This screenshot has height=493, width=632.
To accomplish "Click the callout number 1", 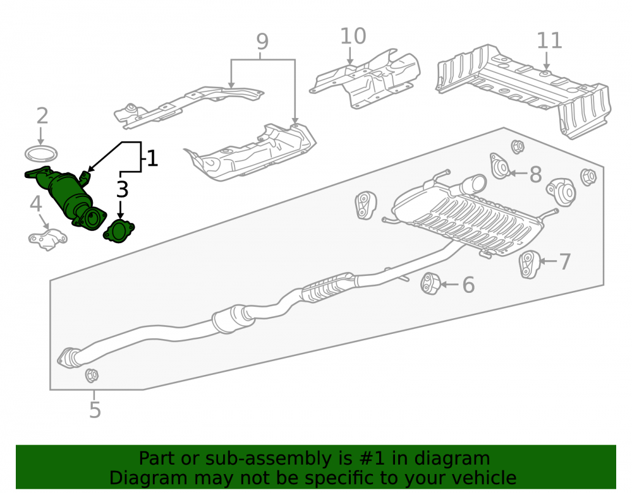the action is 152,158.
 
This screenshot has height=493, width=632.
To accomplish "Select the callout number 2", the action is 42,116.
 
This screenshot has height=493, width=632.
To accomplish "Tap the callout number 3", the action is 123,189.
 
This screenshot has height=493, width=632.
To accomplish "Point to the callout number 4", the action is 36,204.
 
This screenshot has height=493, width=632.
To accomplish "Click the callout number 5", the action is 95,410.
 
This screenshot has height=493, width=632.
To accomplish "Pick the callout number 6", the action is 468,285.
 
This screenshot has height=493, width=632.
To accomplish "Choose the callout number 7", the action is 565,261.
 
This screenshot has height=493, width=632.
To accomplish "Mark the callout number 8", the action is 535,174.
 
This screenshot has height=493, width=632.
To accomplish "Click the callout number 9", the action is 262,42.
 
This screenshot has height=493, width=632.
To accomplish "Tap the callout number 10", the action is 353,36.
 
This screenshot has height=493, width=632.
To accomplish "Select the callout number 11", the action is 549,40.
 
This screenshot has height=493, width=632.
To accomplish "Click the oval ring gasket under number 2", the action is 41,154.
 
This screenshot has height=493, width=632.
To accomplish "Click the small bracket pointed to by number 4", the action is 47,239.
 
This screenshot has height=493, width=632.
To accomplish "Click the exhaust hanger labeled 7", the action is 529,264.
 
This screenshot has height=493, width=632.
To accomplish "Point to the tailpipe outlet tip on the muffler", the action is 477,183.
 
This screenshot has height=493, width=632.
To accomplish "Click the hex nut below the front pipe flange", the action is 92,376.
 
